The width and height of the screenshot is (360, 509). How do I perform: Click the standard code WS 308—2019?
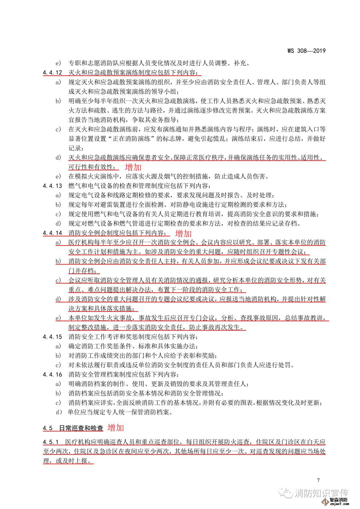click(306, 51)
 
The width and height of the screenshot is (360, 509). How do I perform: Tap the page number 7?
click(318, 480)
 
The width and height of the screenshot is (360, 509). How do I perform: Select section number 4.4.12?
click(53, 72)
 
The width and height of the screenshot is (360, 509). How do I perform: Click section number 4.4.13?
click(53, 186)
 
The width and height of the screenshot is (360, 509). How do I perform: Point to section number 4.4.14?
click(53, 233)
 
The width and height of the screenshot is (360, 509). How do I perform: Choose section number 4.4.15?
click(53, 337)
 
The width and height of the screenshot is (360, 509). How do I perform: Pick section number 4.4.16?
click(53, 374)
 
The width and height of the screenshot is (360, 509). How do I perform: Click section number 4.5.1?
click(51, 442)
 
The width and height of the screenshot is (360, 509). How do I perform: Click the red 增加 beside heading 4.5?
click(116, 427)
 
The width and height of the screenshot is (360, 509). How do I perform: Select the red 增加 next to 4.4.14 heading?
click(183, 233)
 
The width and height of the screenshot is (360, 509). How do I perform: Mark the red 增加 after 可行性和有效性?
click(133, 167)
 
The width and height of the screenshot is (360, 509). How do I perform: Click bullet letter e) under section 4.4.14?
click(58, 318)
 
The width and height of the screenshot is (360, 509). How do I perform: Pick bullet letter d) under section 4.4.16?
click(59, 412)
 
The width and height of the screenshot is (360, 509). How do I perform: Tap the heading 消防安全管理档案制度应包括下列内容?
click(124, 374)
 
